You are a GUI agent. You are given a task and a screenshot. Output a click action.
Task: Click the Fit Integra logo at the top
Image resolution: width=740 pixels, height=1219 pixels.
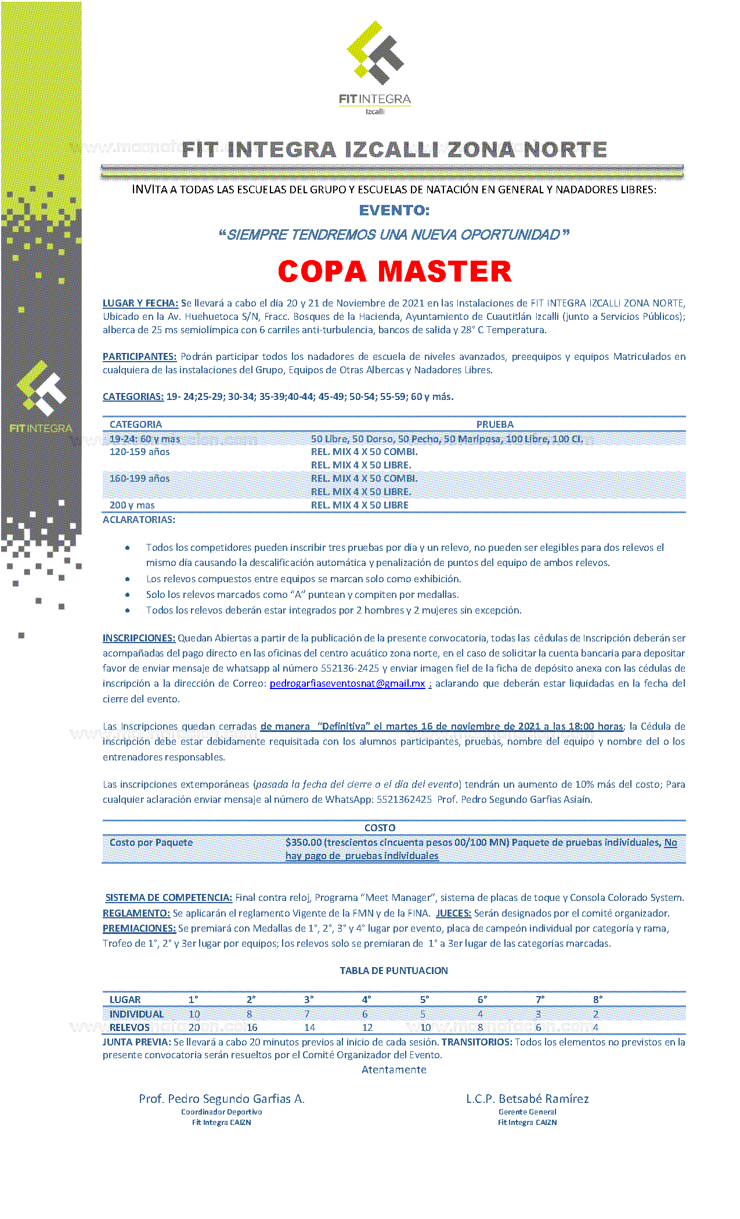(375, 67)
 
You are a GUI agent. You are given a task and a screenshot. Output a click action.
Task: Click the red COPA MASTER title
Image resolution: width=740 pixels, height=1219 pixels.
(395, 272)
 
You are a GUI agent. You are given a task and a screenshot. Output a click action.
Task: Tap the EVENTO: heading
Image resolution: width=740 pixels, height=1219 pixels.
(394, 210)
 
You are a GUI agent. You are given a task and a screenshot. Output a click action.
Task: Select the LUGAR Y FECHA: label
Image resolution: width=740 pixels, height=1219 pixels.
(140, 303)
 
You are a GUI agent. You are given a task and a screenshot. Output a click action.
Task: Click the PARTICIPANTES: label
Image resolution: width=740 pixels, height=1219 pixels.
(139, 356)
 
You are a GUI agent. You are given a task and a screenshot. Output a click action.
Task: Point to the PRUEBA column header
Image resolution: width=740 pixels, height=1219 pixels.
(494, 424)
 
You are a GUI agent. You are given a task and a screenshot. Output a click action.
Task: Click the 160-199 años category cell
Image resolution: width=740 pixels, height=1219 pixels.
(139, 478)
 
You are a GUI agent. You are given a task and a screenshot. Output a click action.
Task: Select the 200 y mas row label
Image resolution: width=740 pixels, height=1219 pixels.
(132, 505)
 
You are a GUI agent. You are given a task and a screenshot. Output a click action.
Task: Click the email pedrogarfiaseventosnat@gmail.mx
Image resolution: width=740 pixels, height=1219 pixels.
(347, 683)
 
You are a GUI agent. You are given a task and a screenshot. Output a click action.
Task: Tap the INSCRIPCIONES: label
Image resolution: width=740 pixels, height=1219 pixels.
(139, 638)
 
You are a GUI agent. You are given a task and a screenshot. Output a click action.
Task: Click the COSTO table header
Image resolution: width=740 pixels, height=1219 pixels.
(380, 828)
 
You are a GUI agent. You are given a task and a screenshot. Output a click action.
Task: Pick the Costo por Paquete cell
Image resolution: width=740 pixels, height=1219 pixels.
(151, 842)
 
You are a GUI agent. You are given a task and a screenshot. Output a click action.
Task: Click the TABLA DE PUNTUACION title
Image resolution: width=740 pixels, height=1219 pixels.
(394, 971)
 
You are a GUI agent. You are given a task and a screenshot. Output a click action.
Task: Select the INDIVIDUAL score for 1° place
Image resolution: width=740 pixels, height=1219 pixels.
(194, 1014)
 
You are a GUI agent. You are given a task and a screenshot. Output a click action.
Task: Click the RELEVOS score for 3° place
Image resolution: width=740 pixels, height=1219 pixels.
(310, 1027)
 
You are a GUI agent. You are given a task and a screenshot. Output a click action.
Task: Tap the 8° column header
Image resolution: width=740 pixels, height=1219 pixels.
(598, 1000)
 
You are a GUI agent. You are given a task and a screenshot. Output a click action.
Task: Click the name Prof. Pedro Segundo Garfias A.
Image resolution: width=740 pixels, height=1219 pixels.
(222, 1099)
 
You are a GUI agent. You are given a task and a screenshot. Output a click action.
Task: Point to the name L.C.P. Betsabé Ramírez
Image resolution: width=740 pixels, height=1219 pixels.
(527, 1099)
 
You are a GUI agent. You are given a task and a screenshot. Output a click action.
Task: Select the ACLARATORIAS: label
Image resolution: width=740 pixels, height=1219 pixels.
(139, 520)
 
